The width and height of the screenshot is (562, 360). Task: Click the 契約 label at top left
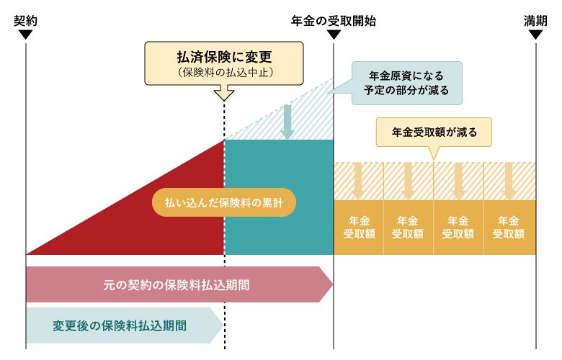[25, 21]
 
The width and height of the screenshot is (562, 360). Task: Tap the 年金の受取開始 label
[334, 21]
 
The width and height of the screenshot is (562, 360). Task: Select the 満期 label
[535, 21]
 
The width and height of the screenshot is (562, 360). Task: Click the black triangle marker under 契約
[25, 35]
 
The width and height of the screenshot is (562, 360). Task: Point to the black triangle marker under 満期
[535, 35]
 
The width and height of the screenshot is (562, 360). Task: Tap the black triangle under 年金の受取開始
[334, 35]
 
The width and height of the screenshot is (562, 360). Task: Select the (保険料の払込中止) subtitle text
[224, 73]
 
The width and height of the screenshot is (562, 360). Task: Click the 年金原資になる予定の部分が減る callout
[408, 82]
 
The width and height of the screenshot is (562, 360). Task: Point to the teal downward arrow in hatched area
[287, 122]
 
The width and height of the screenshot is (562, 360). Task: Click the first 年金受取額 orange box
[358, 227]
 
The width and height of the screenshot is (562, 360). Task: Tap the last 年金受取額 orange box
[509, 227]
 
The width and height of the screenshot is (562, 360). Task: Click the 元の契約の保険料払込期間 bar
[177, 284]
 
